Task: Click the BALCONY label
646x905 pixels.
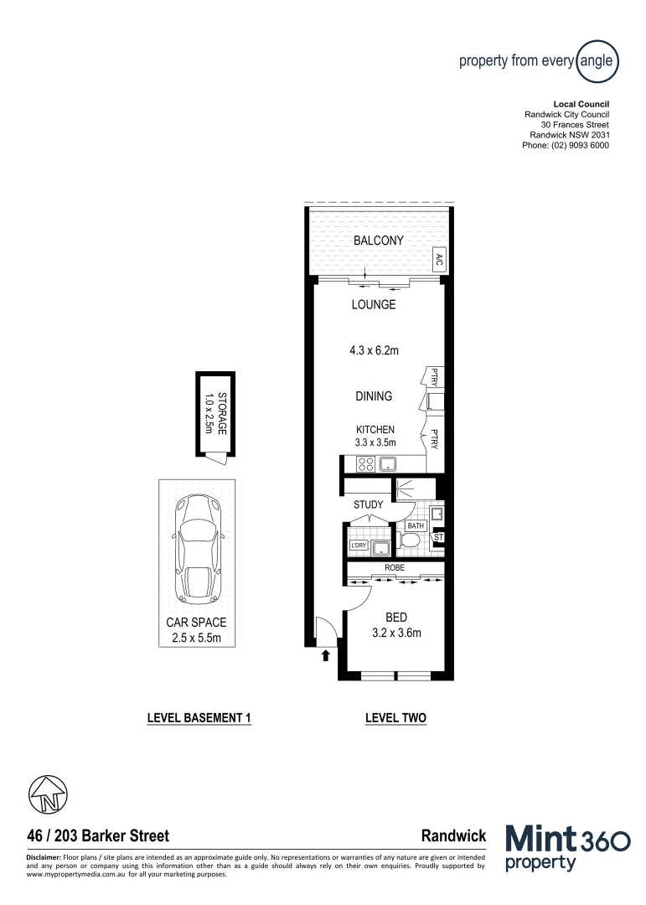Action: [x=378, y=240]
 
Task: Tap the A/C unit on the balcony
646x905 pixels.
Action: [x=438, y=260]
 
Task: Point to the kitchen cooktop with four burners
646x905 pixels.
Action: [x=365, y=463]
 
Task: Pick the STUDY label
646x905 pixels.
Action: [x=369, y=504]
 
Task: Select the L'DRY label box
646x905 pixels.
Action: [x=359, y=547]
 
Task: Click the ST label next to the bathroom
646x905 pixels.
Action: [x=437, y=537]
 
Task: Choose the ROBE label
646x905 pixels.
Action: [x=395, y=567]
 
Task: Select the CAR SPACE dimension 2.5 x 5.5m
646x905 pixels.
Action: [x=196, y=639]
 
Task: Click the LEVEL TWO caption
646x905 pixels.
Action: [x=396, y=718]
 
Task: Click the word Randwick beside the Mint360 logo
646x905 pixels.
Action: [x=453, y=835]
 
